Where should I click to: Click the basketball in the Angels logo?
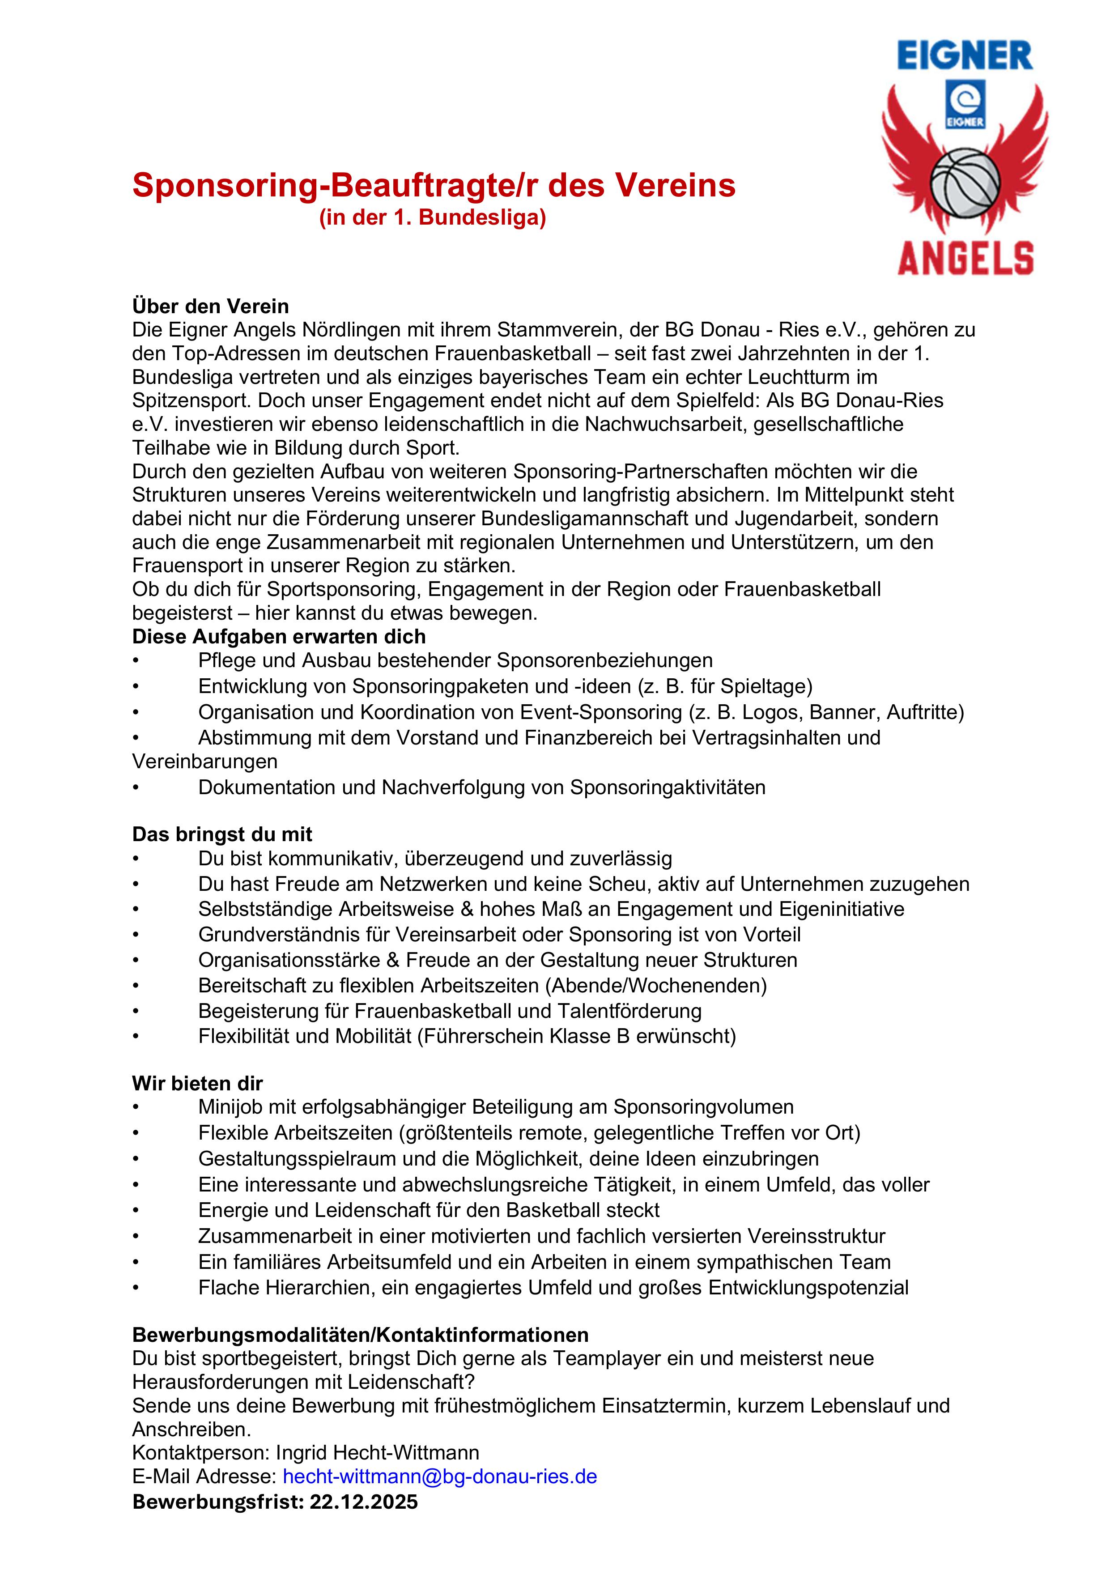tap(965, 183)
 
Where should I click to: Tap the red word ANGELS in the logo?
tap(965, 259)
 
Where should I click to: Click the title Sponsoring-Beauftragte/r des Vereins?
tap(434, 185)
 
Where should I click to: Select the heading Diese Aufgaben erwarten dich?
tap(279, 637)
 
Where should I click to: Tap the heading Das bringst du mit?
tap(222, 834)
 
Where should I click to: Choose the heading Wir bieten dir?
tap(198, 1083)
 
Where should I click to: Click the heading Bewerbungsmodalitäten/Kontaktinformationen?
tap(361, 1335)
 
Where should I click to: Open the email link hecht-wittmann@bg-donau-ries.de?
tap(440, 1476)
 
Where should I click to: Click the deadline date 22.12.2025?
tap(363, 1502)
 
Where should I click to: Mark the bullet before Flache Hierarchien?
tap(136, 1288)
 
